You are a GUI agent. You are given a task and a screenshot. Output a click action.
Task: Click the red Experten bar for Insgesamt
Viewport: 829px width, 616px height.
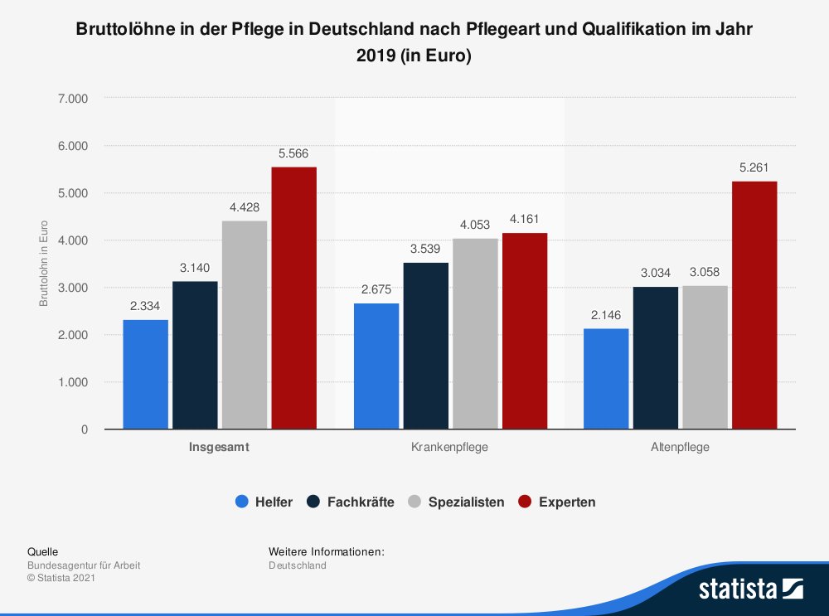(x=294, y=298)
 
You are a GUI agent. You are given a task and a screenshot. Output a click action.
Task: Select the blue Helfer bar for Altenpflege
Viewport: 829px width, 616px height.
(x=606, y=379)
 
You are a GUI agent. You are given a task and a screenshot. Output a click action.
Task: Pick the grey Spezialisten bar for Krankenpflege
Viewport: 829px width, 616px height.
(x=475, y=334)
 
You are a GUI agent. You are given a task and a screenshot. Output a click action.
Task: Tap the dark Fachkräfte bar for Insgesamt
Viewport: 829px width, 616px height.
(x=195, y=356)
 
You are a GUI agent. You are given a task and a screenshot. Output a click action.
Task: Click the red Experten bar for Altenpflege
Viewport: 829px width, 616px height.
(x=754, y=305)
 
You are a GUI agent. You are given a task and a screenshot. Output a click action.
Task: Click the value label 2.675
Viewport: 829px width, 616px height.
(x=376, y=289)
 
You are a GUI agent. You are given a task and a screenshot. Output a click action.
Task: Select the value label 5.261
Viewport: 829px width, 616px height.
(x=754, y=167)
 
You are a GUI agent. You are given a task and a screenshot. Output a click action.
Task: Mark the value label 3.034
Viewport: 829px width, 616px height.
(x=655, y=273)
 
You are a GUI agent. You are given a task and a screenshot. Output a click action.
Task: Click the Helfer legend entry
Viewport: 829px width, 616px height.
(x=264, y=502)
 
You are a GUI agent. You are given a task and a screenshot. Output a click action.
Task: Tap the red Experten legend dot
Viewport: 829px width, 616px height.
(x=524, y=502)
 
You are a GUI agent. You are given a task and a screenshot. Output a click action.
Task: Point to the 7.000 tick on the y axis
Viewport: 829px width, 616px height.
(x=73, y=99)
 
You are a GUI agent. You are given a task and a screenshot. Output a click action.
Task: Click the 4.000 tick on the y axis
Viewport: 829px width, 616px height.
(x=73, y=240)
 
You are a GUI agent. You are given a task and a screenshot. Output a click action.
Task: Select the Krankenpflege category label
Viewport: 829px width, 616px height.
(x=449, y=447)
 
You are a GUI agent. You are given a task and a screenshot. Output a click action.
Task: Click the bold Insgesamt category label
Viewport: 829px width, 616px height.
(x=220, y=447)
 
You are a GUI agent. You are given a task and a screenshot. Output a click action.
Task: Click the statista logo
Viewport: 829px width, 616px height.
(x=750, y=589)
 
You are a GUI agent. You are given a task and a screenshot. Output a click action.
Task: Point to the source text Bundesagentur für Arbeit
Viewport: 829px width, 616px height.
(x=84, y=565)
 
